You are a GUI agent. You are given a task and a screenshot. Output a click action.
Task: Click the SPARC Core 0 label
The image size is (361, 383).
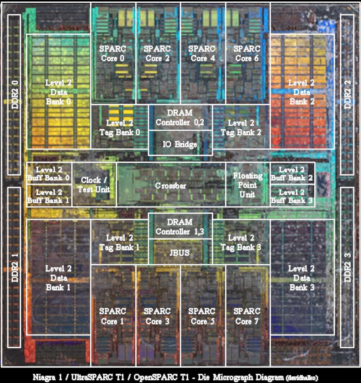pos(113,53)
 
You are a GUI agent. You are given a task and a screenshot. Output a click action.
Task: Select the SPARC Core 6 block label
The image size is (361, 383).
pos(247,53)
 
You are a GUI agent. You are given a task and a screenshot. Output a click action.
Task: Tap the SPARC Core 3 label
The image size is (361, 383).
pos(157,316)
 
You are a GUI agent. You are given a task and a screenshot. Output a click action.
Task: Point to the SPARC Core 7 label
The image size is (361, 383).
pos(247,316)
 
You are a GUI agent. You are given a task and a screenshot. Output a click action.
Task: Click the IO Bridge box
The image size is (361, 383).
pos(180,143)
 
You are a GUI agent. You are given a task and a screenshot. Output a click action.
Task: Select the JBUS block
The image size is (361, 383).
pos(180,252)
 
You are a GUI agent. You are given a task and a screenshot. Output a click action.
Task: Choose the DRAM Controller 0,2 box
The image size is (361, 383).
pos(180,118)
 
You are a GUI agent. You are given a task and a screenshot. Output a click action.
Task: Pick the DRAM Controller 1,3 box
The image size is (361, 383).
pos(180,226)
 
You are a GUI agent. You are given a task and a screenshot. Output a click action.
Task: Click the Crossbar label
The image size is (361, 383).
pos(170,186)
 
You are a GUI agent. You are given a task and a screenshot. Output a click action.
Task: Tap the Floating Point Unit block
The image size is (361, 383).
pos(248,185)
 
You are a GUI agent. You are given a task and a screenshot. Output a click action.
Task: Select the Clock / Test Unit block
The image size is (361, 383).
pos(94,185)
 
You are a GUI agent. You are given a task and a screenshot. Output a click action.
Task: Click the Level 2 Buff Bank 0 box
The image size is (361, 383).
pos(49,173)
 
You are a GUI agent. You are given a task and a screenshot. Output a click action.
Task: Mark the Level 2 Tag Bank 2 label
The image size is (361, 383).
pos(241,127)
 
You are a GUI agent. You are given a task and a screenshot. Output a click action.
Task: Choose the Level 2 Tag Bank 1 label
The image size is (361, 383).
pos(119,242)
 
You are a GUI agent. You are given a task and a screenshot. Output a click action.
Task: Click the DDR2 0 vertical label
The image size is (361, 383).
pos(15,95)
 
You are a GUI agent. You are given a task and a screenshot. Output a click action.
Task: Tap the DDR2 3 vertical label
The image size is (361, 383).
pos(347,267)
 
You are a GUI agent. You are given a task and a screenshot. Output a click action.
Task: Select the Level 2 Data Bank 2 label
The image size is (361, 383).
pos(301,92)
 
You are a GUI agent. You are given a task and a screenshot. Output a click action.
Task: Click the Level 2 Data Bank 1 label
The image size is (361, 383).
pos(58,278)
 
